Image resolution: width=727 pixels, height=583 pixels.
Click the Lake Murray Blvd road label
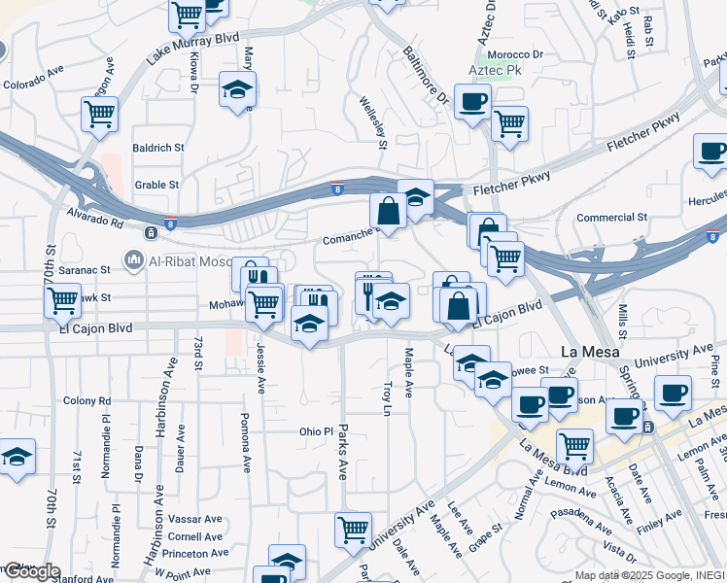coord(192,51)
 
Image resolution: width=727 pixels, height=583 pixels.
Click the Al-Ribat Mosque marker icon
coord(134,259)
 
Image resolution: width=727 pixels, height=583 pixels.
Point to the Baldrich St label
coord(158,148)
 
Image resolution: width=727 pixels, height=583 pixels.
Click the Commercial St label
coord(611,218)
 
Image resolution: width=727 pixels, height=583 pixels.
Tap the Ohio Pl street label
coord(316,430)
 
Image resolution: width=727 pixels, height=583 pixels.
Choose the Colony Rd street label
coord(87,400)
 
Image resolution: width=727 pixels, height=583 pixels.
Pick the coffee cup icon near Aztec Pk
coord(472,101)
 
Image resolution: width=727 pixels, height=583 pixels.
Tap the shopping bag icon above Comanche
coord(388,211)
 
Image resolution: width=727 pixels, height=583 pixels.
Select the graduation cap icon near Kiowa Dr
coord(236,90)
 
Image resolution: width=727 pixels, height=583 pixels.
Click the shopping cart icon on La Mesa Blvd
coord(574,446)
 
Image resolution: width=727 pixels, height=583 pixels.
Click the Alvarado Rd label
coord(95,216)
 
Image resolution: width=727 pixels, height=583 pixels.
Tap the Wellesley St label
coord(373,122)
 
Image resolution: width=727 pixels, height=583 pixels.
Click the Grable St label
coord(157,184)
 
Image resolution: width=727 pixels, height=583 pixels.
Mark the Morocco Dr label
coord(515,54)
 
